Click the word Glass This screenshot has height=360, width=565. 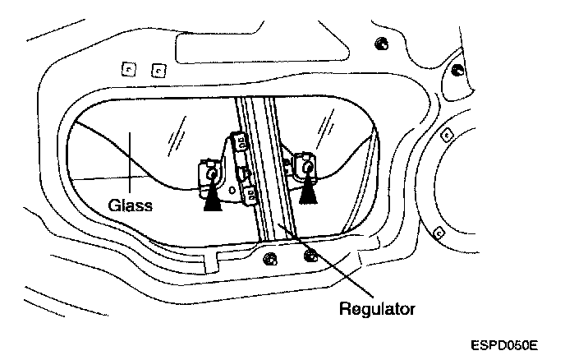click(131, 205)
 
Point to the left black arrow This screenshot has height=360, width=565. click(213, 197)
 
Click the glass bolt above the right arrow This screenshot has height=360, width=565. click(309, 166)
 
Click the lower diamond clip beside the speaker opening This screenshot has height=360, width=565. click(439, 231)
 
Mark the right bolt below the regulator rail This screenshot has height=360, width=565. click(309, 255)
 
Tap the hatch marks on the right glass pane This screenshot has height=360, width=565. click(328, 126)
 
